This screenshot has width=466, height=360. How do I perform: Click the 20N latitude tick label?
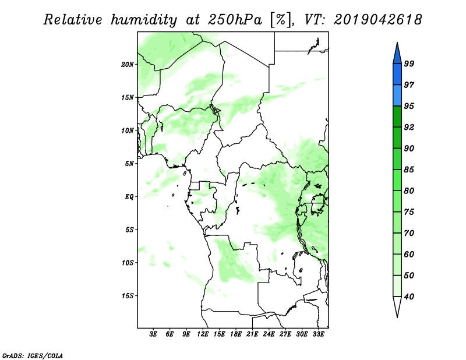click(127, 65)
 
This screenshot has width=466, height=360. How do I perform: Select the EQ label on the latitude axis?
click(129, 197)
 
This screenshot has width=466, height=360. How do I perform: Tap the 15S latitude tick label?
click(127, 296)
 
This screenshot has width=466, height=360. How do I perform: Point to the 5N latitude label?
click(129, 164)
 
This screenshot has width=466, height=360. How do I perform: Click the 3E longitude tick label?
click(153, 334)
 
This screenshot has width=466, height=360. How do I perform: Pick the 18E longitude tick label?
click(236, 334)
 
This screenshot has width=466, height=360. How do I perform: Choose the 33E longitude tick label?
click(318, 334)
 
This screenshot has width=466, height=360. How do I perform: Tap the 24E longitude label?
click(269, 334)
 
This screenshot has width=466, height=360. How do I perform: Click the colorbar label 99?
click(409, 63)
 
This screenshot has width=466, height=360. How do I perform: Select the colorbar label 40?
click(409, 297)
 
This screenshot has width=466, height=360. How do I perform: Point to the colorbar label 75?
click(409, 212)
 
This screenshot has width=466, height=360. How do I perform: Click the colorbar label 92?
click(409, 127)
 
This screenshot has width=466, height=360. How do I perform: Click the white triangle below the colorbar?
click(397, 306)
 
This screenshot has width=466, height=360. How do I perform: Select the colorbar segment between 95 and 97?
click(397, 96)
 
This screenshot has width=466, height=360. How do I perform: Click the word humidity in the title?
click(144, 20)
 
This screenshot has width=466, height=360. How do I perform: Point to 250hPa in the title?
click(235, 20)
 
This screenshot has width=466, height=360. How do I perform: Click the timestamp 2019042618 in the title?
click(377, 20)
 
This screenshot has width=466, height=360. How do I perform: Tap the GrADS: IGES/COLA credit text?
click(33, 355)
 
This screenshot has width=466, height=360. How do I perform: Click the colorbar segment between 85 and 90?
click(397, 159)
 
